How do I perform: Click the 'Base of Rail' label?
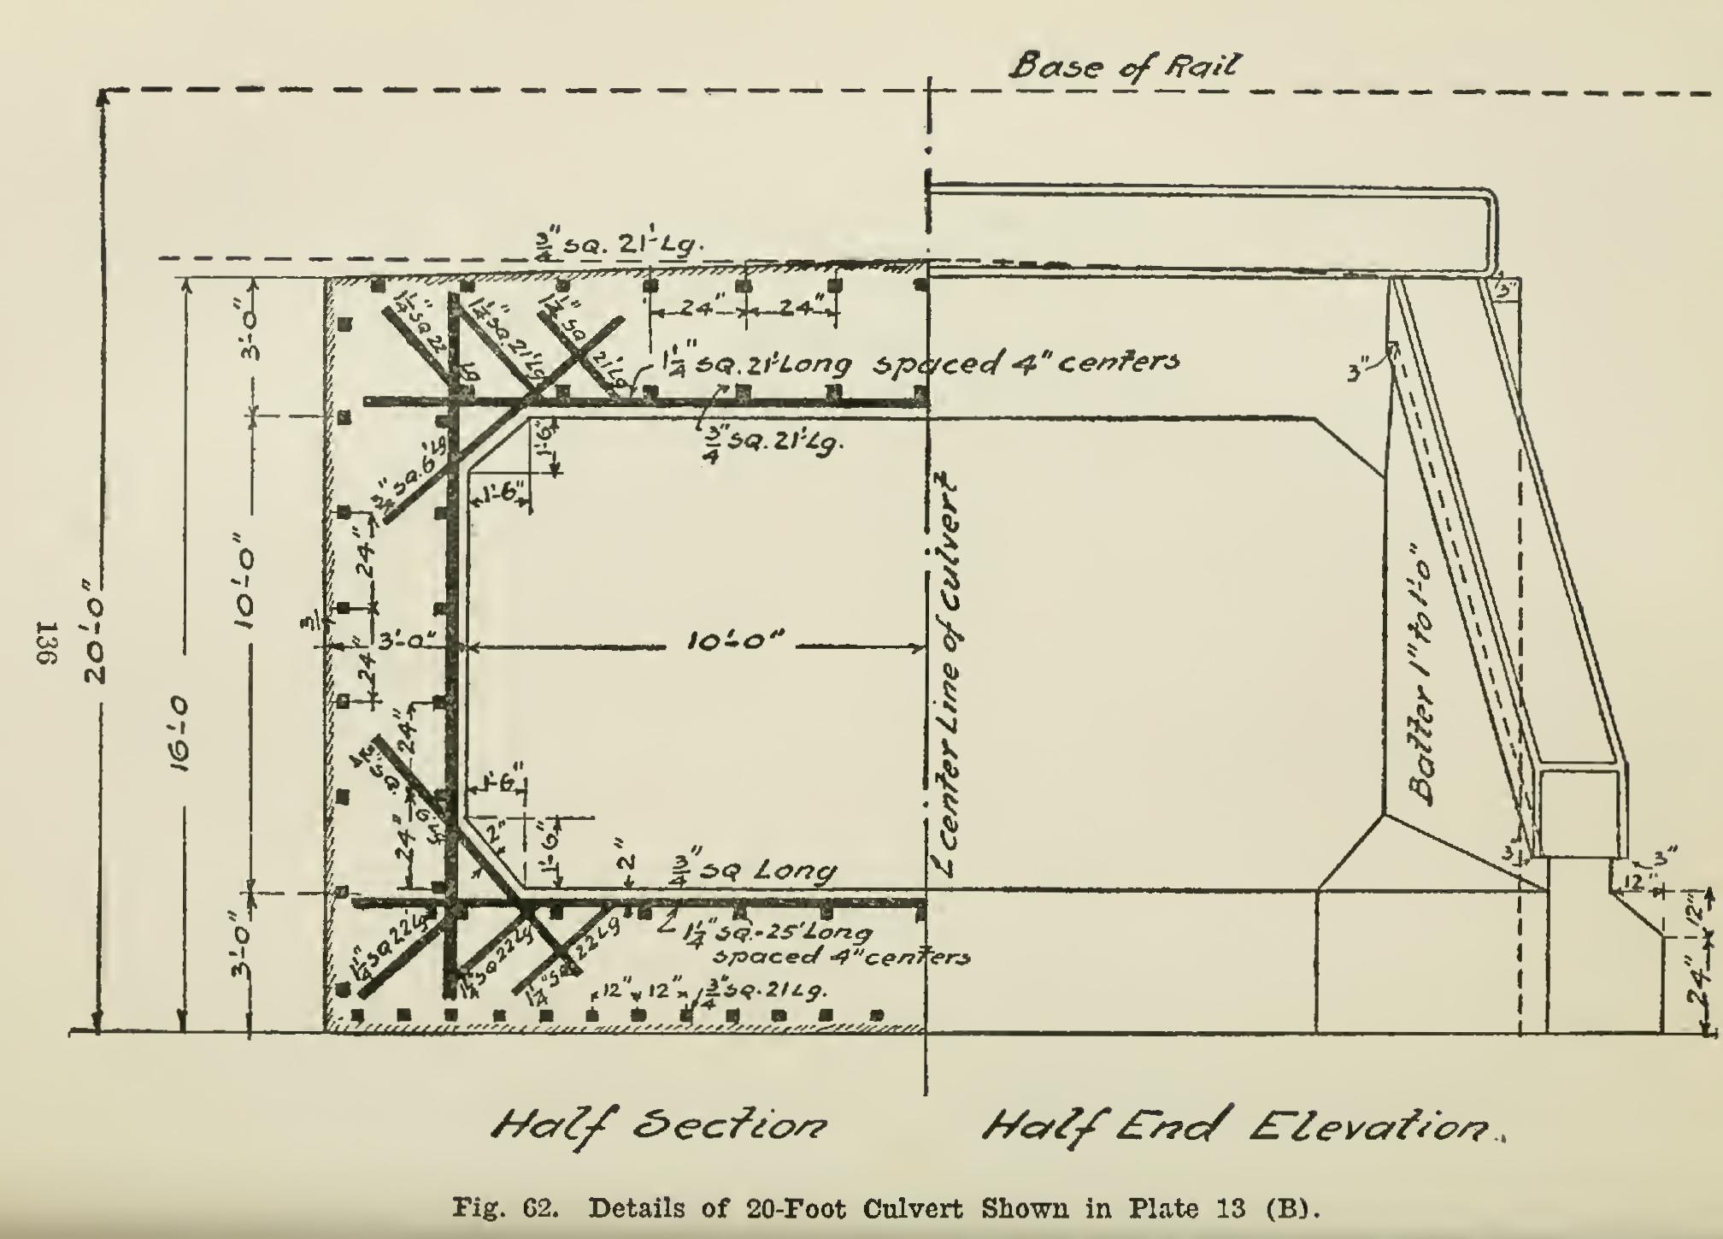tap(1124, 66)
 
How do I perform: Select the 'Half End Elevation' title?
tap(1239, 1126)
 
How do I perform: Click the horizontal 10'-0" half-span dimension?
tap(735, 642)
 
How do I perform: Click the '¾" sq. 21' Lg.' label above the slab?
tap(615, 245)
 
